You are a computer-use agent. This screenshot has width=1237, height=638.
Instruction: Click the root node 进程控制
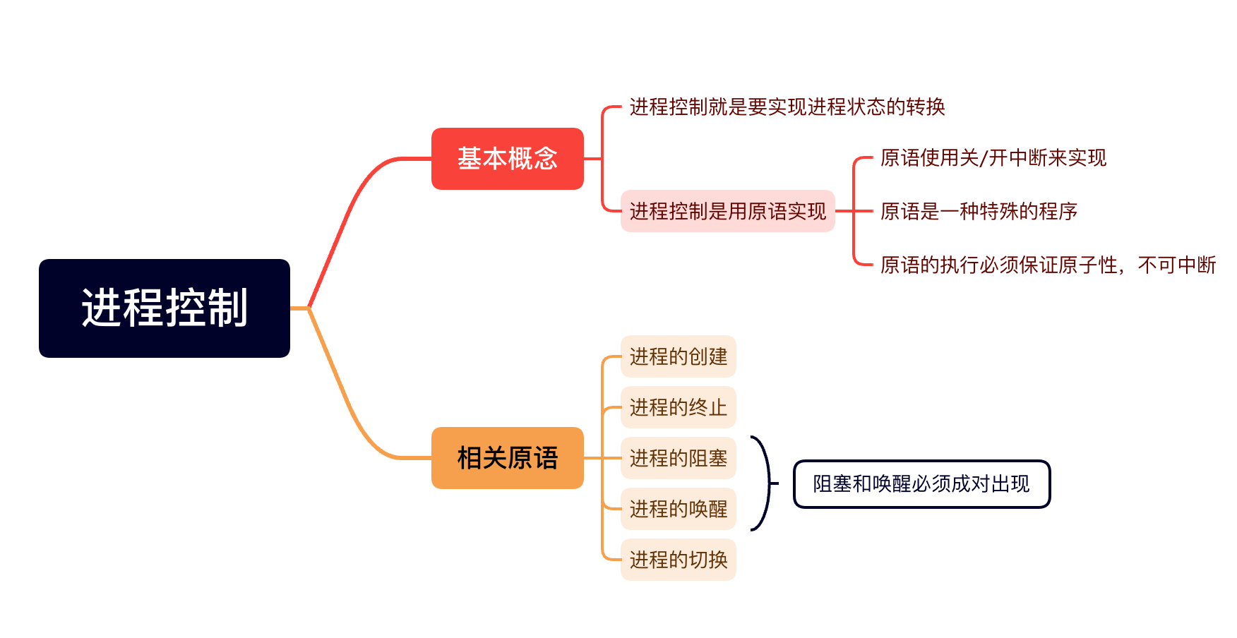(164, 308)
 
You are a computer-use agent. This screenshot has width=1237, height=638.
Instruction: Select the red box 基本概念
(507, 159)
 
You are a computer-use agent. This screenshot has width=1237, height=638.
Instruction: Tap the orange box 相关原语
(507, 458)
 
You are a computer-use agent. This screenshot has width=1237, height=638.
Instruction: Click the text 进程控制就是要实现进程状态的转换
(787, 107)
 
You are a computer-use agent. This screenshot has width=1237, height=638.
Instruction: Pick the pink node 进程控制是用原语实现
(727, 211)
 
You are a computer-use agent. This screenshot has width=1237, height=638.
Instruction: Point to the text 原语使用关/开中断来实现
(993, 157)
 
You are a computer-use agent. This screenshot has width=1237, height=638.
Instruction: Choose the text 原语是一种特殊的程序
(979, 211)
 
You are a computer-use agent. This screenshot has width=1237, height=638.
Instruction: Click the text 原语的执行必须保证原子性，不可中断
(1048, 265)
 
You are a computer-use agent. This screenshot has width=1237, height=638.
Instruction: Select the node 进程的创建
(678, 356)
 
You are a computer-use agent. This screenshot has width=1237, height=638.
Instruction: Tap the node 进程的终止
(678, 407)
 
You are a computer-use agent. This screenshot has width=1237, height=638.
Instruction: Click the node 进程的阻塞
(678, 458)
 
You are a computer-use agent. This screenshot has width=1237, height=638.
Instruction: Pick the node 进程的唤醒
(678, 509)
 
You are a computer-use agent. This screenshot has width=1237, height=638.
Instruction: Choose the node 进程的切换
(678, 560)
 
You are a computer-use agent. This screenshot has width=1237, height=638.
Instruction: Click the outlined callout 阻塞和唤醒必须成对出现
(921, 484)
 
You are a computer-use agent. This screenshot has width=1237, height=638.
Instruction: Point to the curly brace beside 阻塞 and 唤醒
(765, 483)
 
